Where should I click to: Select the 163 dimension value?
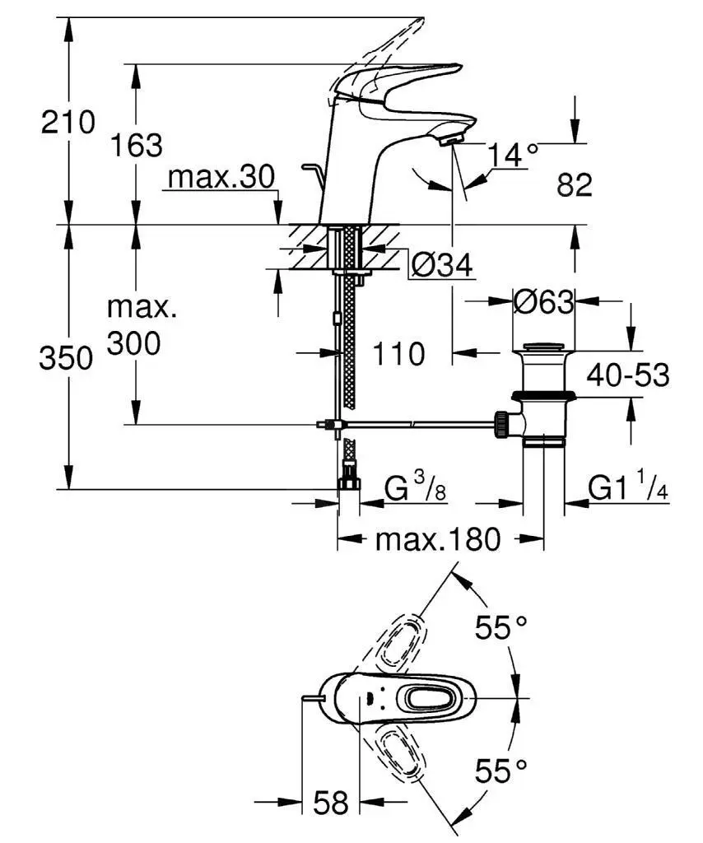(137, 145)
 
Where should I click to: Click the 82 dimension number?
(574, 185)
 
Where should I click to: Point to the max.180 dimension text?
(437, 540)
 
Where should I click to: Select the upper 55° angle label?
(500, 629)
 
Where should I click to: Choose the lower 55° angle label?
(500, 771)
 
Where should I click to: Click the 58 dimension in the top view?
(331, 802)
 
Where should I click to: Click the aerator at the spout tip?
(451, 141)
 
